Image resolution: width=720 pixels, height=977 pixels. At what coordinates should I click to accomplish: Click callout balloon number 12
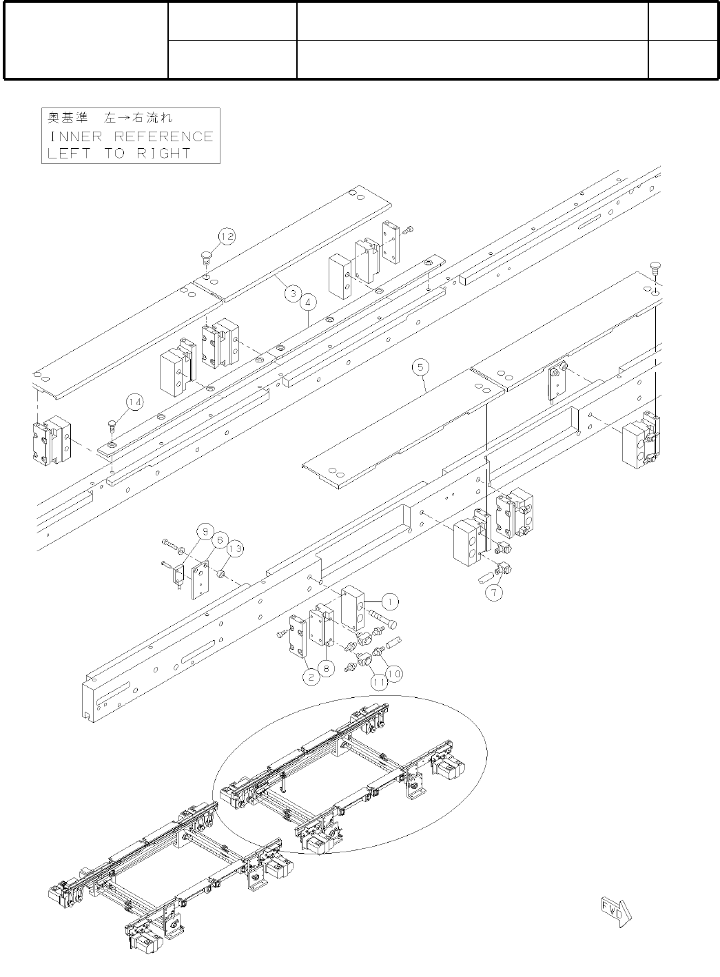click(227, 236)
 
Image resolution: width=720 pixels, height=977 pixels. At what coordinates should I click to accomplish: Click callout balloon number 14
click(134, 401)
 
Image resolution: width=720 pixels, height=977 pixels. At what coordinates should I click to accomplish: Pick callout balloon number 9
click(204, 531)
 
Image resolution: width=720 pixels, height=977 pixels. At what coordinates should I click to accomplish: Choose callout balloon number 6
click(220, 539)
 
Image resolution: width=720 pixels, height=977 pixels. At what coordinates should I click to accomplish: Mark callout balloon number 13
click(235, 548)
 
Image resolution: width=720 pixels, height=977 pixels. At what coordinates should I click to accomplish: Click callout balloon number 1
click(389, 601)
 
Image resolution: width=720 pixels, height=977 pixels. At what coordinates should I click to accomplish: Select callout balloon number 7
click(493, 591)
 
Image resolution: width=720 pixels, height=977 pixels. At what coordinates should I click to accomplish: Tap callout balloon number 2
click(311, 677)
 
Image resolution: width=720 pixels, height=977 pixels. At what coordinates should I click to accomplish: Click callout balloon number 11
click(378, 682)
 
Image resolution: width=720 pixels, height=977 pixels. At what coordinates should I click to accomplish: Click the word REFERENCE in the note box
click(163, 136)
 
